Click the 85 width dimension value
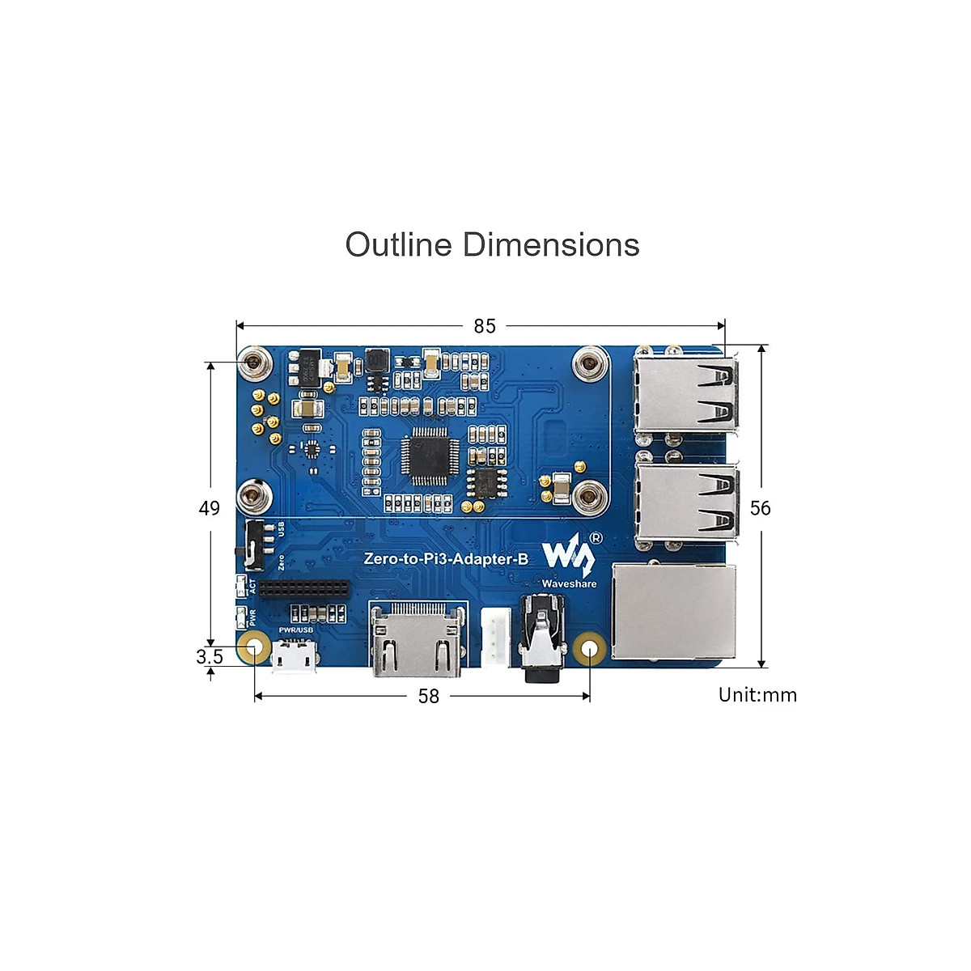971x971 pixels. coord(485,326)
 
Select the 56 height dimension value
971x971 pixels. coord(761,508)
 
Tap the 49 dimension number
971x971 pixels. coord(210,508)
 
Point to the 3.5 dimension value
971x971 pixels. coord(210,656)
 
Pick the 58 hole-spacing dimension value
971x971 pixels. coord(429,696)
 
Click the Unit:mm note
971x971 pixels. coord(757,695)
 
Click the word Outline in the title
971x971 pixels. coord(398,244)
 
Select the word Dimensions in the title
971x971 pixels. coord(551,244)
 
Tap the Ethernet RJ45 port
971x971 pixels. coord(675,611)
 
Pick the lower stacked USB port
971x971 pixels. coord(687,503)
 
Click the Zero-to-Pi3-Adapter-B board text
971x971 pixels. coord(446,559)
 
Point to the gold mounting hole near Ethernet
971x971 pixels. coord(590,649)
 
